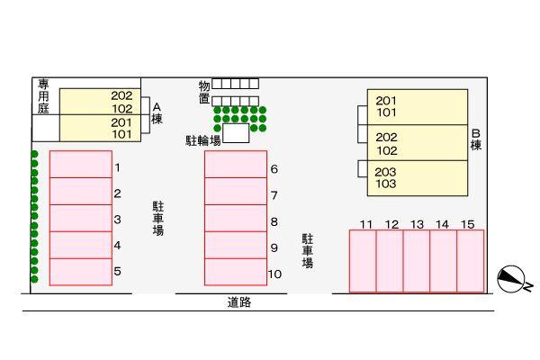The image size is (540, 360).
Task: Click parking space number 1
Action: [80, 165]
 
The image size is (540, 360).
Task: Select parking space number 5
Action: [80, 271]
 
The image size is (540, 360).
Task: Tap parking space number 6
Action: [236, 165]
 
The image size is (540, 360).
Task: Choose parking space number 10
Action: [236, 271]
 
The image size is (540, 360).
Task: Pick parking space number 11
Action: [363, 261]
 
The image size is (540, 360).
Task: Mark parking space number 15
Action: [470, 261]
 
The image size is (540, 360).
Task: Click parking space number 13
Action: [417, 261]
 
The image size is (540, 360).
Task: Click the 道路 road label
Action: [239, 302]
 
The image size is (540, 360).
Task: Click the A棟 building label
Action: [157, 112]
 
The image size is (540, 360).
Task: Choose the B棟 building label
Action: [476, 139]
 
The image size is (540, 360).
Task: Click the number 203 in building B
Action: [385, 172]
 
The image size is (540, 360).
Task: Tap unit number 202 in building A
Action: [121, 95]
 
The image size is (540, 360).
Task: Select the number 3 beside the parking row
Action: [118, 219]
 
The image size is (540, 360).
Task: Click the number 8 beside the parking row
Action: [274, 221]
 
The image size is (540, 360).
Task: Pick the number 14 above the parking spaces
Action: [442, 224]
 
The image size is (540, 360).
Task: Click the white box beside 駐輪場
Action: [236, 134]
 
